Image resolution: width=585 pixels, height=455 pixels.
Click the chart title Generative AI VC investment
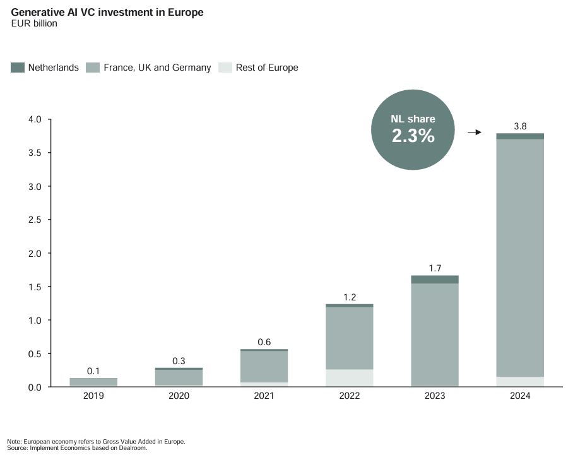[x=107, y=12]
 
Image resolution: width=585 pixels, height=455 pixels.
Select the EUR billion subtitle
[x=34, y=24]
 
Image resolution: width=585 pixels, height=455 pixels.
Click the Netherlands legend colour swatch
[x=18, y=68]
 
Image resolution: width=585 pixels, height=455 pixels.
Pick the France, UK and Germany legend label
[x=157, y=68]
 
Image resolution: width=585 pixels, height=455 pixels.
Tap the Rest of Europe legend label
[x=266, y=68]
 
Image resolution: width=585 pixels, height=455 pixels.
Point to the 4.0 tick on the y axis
[x=34, y=120]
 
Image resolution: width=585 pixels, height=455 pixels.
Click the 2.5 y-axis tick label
[x=34, y=220]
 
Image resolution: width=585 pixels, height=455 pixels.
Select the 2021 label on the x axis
[x=264, y=396]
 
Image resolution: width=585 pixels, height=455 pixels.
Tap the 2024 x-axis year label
[x=520, y=396]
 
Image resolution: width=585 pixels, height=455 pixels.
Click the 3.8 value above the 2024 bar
[x=520, y=126]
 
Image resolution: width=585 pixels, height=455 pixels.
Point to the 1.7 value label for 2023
[x=435, y=268]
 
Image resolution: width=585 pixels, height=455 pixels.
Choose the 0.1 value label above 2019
[x=93, y=371]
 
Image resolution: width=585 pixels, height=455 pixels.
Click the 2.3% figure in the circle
[x=413, y=136]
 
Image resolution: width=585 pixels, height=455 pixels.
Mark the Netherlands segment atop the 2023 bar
[x=435, y=279]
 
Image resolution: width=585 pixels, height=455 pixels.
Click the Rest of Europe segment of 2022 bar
[x=349, y=378]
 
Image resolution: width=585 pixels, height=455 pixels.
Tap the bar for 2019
[x=93, y=382]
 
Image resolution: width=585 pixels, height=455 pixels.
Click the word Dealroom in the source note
[x=136, y=448]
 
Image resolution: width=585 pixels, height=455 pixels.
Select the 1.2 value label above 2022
[x=349, y=297]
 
